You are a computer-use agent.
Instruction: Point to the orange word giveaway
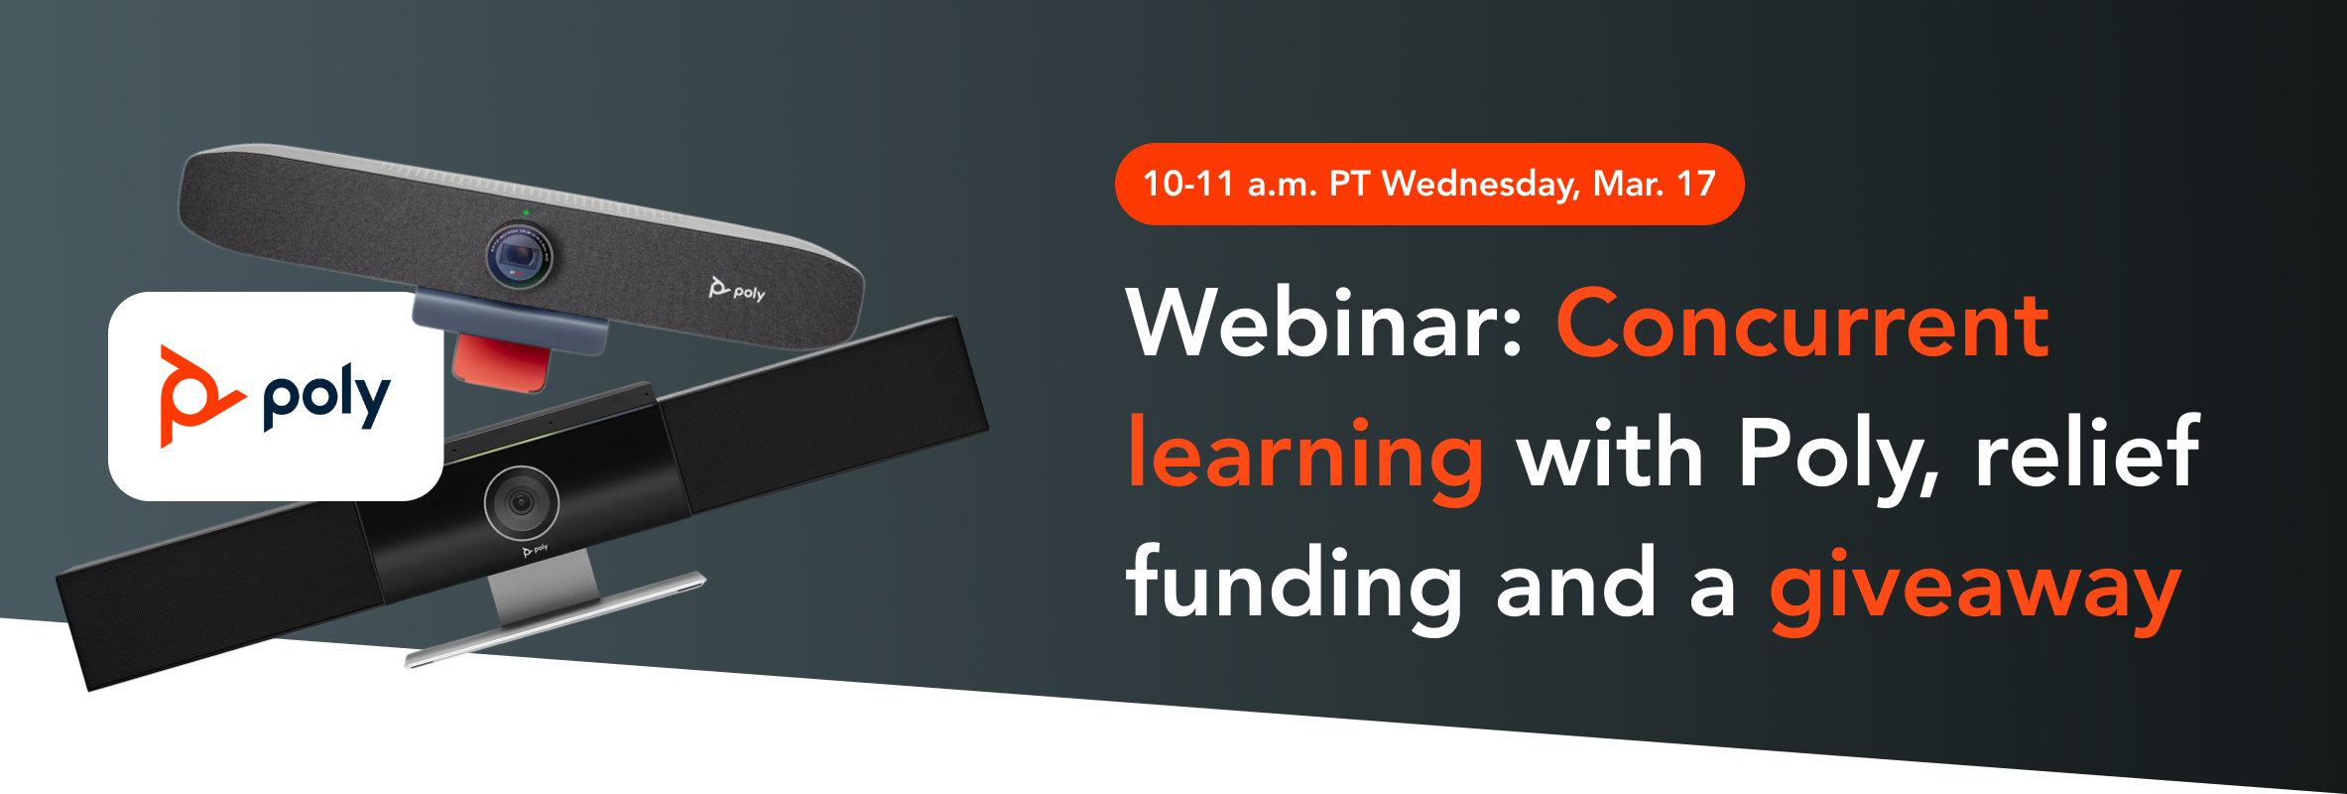[x=1975, y=588]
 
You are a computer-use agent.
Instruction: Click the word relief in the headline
[x=2087, y=454]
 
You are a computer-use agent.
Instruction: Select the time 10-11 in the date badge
[x=1188, y=184]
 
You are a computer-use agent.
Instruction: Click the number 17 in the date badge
[x=1696, y=184]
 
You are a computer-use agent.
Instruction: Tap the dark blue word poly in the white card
[x=326, y=398]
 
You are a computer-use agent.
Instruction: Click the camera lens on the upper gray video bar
[x=519, y=255]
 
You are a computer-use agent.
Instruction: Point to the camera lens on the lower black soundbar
[x=521, y=502]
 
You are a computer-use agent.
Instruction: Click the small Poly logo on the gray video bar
[x=737, y=290]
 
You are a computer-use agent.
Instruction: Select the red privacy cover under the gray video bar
[x=502, y=362]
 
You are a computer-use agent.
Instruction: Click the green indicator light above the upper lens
[x=526, y=212]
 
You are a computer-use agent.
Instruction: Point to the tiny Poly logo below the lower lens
[x=535, y=549]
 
